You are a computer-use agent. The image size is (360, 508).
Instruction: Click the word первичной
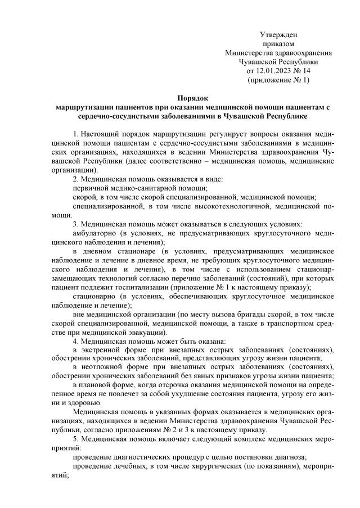coord(92,188)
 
